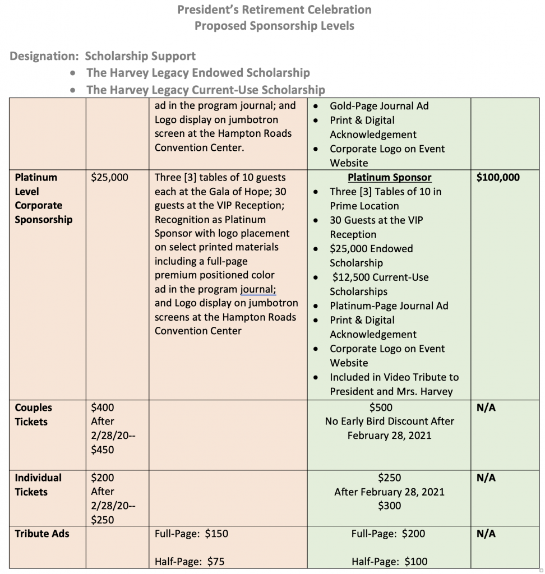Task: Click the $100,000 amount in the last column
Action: (497, 178)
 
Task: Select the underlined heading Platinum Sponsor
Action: (389, 178)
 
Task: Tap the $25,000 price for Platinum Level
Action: (109, 178)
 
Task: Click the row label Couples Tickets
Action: (34, 414)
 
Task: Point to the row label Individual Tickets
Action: (38, 484)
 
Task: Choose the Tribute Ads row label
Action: (42, 534)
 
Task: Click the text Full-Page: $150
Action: (191, 534)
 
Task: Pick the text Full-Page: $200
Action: (388, 534)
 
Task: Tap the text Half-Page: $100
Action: (389, 562)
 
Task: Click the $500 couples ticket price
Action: (389, 408)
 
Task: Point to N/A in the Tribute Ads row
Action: (486, 534)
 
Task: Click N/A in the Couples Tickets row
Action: (486, 408)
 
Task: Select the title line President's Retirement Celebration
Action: (274, 10)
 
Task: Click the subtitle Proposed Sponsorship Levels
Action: (274, 26)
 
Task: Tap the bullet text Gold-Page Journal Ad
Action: (379, 106)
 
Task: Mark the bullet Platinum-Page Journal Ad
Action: (389, 306)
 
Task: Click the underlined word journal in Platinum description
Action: (258, 289)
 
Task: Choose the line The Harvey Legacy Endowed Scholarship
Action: (198, 73)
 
